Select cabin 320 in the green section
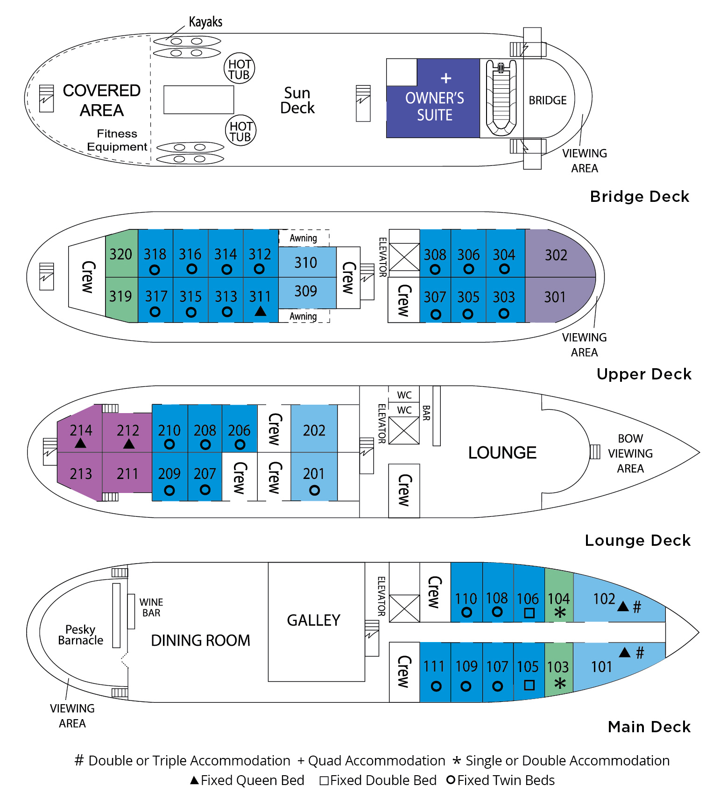[x=121, y=254]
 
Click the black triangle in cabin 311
[x=261, y=311]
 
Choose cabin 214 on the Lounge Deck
[x=80, y=430]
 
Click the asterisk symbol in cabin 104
[x=560, y=613]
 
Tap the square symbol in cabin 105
[x=529, y=685]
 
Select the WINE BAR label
[x=151, y=607]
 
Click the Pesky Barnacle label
[x=80, y=635]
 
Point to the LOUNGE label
[x=502, y=452]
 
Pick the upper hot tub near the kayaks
[x=240, y=68]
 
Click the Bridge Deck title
[x=640, y=196]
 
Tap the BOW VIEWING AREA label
[x=630, y=453]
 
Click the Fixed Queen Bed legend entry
[x=247, y=780]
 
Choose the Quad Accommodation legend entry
[x=372, y=761]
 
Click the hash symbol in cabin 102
[x=637, y=607]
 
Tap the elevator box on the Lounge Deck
[x=404, y=430]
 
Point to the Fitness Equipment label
[x=117, y=140]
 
